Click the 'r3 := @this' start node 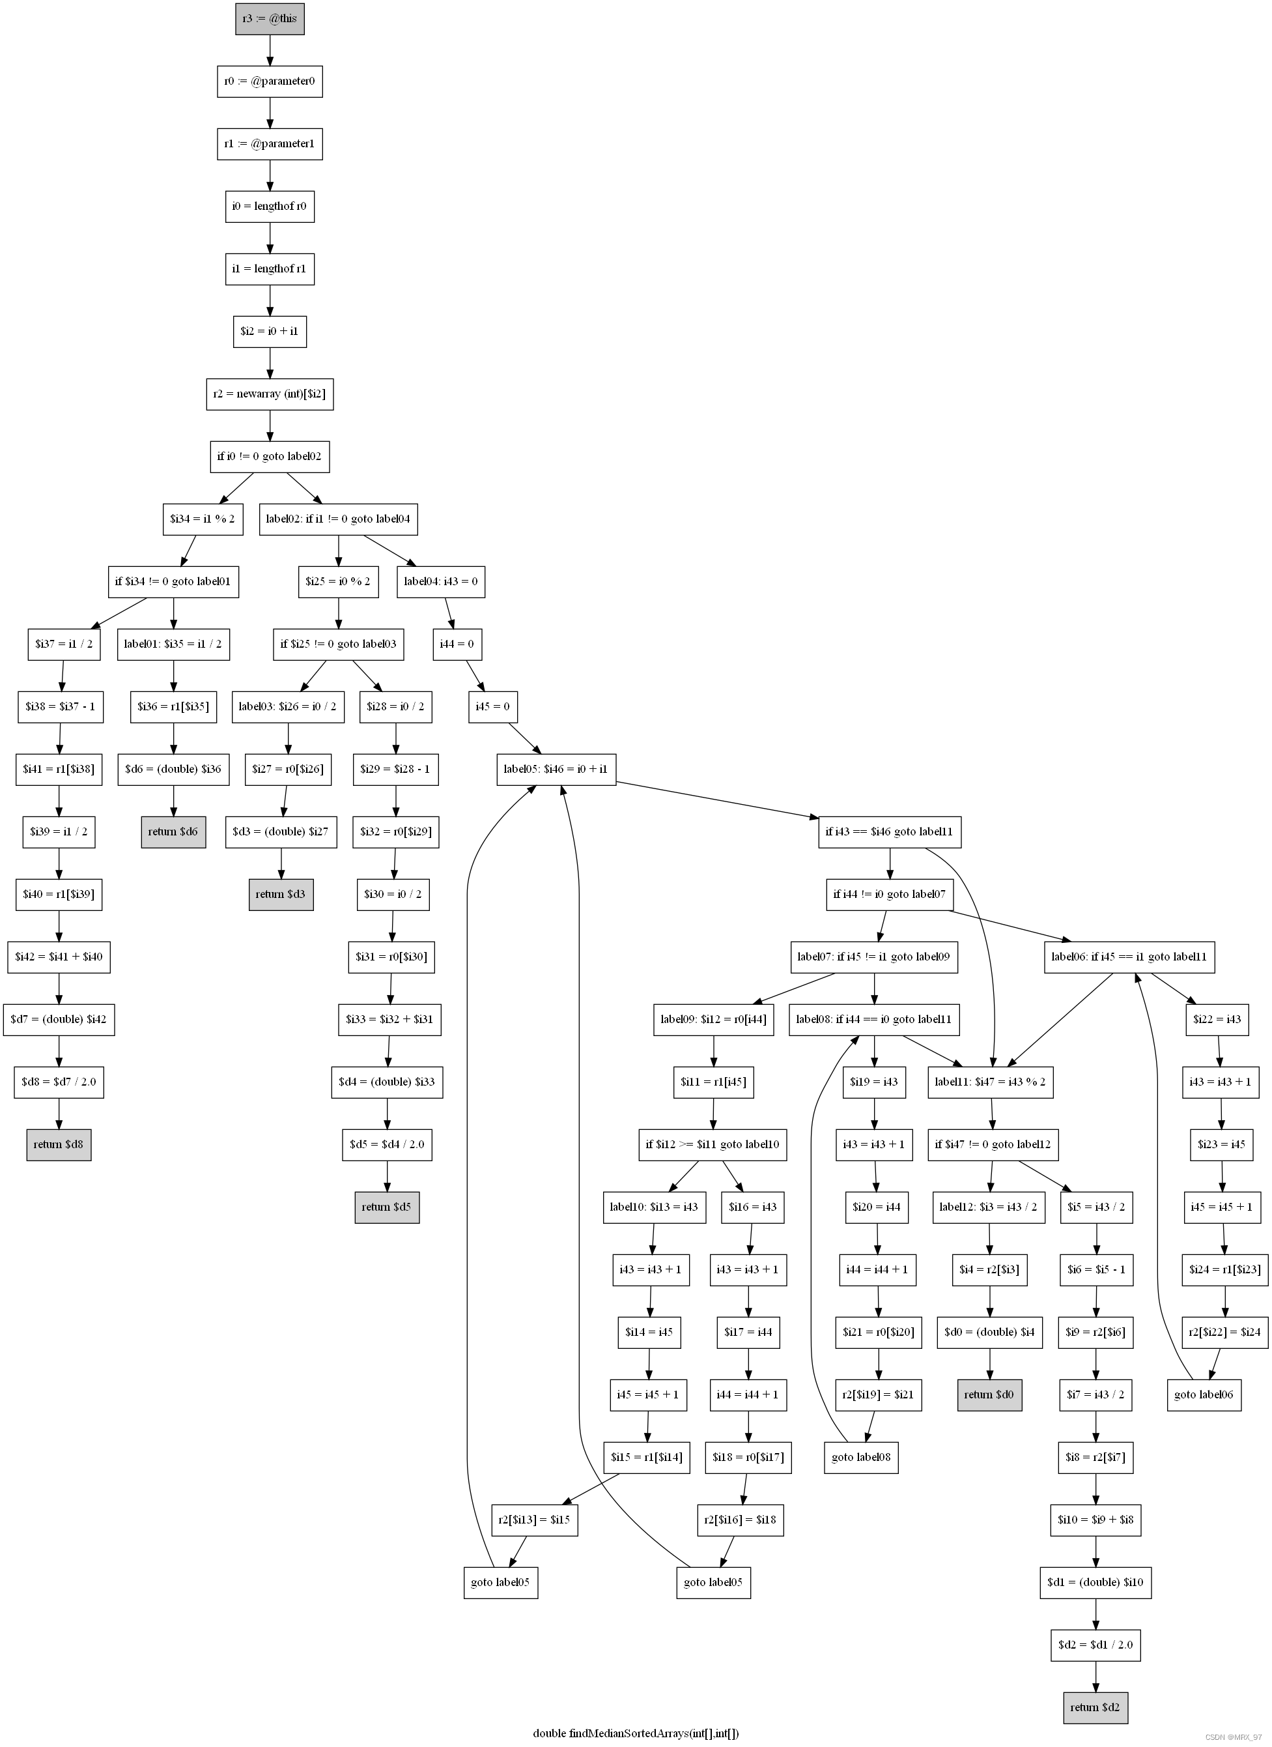pyautogui.click(x=270, y=18)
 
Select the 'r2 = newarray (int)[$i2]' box pyautogui.click(x=270, y=394)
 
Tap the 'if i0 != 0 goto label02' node pyautogui.click(x=270, y=456)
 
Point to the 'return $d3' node pyautogui.click(x=281, y=893)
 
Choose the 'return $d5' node pyautogui.click(x=386, y=1206)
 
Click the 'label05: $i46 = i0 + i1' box pyautogui.click(x=556, y=769)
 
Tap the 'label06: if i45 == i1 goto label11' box pyautogui.click(x=1129, y=957)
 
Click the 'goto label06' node pyautogui.click(x=1204, y=1395)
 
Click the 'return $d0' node pyautogui.click(x=989, y=1395)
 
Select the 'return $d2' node pyautogui.click(x=1095, y=1707)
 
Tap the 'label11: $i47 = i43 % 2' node pyautogui.click(x=990, y=1082)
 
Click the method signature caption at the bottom pyautogui.click(x=636, y=1733)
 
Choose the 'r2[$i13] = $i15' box pyautogui.click(x=534, y=1520)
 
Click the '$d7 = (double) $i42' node pyautogui.click(x=59, y=1019)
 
